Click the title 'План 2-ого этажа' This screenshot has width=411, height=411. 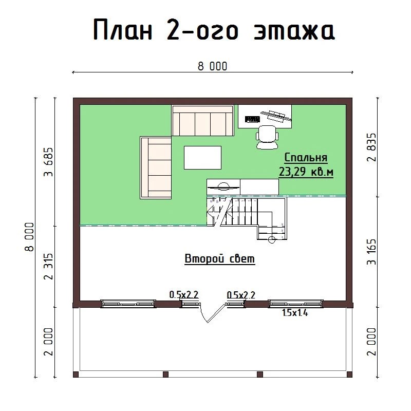point(214,29)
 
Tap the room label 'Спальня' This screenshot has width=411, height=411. point(306,158)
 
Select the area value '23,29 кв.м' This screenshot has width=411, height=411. point(306,172)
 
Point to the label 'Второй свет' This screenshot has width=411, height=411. point(220,258)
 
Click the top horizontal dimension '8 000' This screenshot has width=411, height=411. point(212,66)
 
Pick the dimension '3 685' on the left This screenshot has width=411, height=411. point(49,162)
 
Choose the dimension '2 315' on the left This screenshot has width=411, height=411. point(49,266)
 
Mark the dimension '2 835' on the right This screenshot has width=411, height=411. point(371,147)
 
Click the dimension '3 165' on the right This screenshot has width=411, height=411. point(371,251)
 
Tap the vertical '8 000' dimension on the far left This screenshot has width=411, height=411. point(30,237)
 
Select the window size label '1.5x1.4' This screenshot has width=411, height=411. point(295,312)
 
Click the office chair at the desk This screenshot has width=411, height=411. point(267,137)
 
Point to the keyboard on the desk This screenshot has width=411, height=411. point(252,119)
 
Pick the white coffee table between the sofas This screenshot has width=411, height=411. point(202,158)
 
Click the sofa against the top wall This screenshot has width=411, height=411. point(202,120)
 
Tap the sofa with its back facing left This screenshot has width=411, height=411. point(156,167)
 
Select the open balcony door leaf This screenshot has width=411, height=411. point(216,313)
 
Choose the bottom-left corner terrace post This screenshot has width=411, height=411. point(76,375)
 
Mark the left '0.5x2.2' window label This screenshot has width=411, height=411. point(184,294)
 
